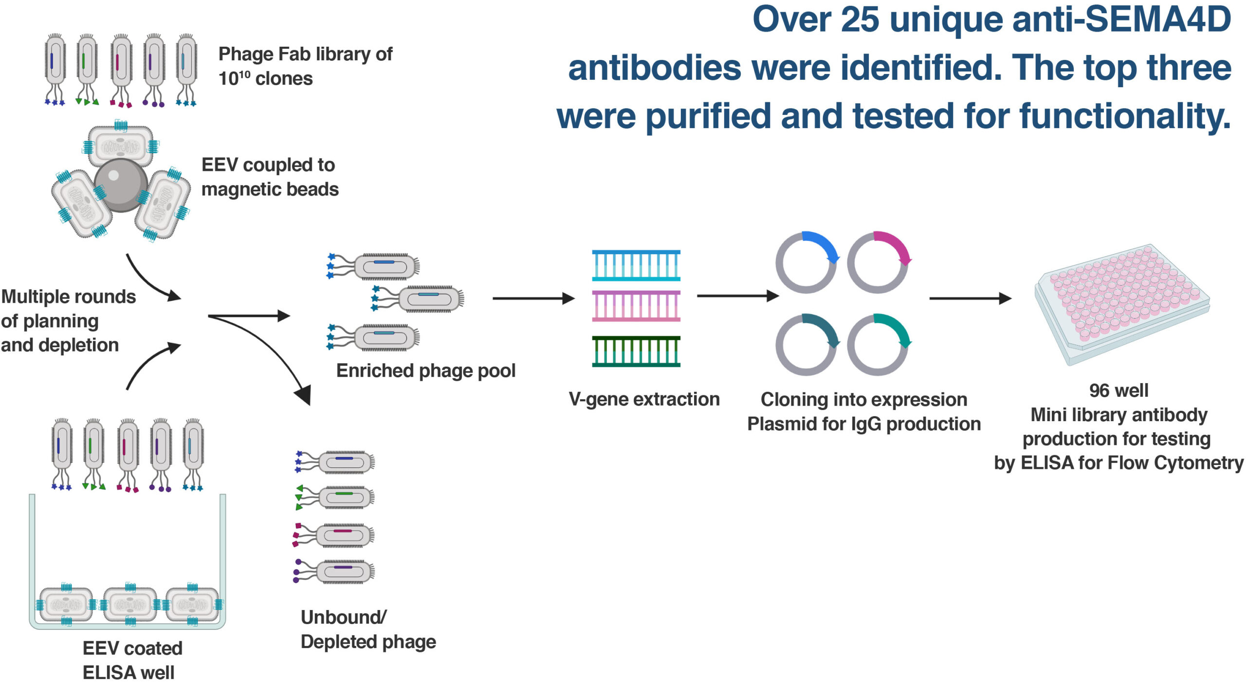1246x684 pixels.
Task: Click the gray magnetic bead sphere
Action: (x=121, y=185)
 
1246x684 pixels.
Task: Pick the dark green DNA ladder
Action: (x=636, y=351)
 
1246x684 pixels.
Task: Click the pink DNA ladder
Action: (x=636, y=306)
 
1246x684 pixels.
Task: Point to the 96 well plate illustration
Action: (x=1122, y=304)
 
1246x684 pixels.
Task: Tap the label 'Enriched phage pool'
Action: (x=426, y=371)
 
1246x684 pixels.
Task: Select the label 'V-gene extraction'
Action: (x=644, y=399)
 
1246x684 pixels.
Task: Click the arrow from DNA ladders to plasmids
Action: (x=738, y=296)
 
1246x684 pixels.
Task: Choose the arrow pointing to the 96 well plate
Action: (x=971, y=298)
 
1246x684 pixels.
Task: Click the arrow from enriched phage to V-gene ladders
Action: (x=534, y=298)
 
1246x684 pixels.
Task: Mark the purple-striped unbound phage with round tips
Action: (x=334, y=572)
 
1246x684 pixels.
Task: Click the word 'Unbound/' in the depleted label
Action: (x=344, y=617)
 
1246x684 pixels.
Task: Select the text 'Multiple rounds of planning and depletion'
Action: (x=68, y=320)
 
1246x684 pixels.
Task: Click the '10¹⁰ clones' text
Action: (x=265, y=78)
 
